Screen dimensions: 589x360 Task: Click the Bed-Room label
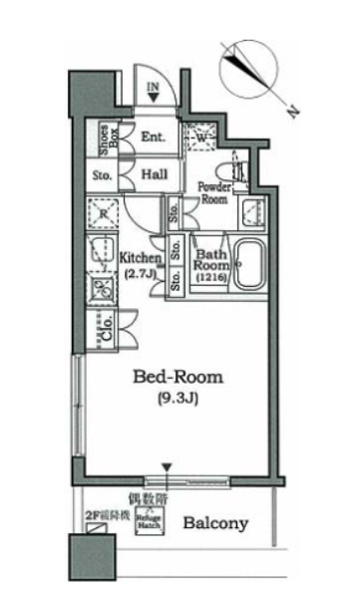tap(180, 378)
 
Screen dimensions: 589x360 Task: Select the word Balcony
tap(215, 523)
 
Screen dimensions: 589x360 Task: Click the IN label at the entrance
tap(154, 88)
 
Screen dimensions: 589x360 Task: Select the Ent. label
tap(153, 139)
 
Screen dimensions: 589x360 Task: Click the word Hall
tap(153, 172)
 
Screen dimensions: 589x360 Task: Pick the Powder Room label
tap(213, 192)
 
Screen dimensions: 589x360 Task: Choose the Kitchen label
tap(141, 257)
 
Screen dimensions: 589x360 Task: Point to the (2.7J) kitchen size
tap(141, 271)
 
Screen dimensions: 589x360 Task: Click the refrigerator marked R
tap(102, 213)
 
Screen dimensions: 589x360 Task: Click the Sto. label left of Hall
tap(103, 173)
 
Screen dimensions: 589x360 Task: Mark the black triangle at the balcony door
tap(168, 467)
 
